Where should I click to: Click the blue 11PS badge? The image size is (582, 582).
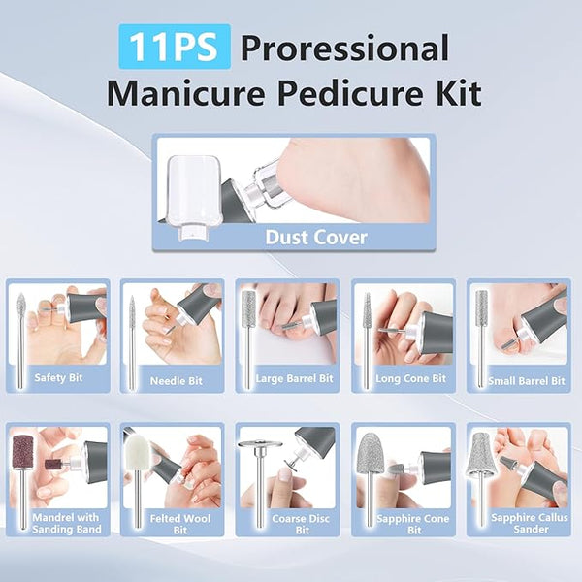(175, 47)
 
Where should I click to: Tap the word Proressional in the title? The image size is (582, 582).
(344, 48)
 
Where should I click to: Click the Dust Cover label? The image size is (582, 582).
(316, 238)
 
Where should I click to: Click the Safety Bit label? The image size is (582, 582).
(58, 378)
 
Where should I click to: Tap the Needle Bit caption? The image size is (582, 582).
(177, 381)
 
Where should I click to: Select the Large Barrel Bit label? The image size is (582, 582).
(294, 378)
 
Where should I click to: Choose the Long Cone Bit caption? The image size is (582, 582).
(410, 378)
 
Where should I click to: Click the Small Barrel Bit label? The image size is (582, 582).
(527, 381)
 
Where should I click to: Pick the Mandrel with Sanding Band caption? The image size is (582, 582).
(66, 523)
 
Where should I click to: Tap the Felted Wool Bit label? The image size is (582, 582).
(180, 524)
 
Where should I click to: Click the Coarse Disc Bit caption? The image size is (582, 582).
(301, 524)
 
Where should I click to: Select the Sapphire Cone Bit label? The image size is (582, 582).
(413, 524)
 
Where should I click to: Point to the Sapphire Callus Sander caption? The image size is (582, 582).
(530, 523)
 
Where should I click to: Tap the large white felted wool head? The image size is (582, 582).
(137, 453)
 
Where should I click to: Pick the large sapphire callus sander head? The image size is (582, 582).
(481, 452)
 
